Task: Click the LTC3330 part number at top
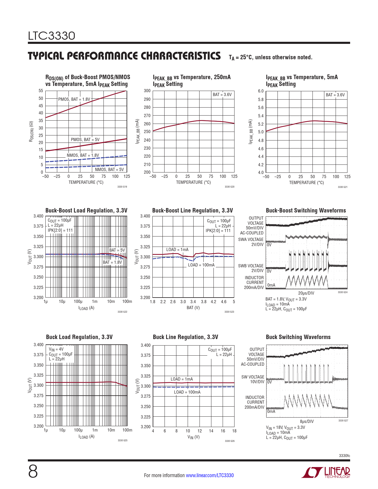52,36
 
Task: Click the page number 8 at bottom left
33,472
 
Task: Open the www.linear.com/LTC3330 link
210,475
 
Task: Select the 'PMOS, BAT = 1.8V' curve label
74,99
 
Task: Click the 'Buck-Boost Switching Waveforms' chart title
306,210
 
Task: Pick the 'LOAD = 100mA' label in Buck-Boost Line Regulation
201,265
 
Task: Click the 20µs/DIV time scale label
306,293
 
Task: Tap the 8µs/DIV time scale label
307,421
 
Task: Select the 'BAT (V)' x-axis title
193,308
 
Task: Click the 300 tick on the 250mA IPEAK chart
147,91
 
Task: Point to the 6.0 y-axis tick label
261,91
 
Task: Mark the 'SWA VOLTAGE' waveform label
251,239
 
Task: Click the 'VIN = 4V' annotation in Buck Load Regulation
56,349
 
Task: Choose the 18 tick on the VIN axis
234,431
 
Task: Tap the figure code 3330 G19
122,187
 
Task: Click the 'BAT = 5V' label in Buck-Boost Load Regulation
117,250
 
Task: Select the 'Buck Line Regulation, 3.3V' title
185,337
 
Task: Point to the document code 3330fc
344,456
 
